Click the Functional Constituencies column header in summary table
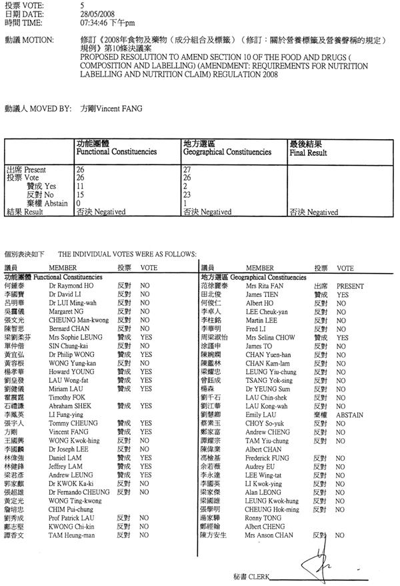117,152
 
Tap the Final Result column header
307,152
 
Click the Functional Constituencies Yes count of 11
81,187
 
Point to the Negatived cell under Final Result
313,212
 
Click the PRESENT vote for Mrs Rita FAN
350,284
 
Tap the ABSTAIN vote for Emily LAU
349,414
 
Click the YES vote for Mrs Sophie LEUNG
146,338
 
